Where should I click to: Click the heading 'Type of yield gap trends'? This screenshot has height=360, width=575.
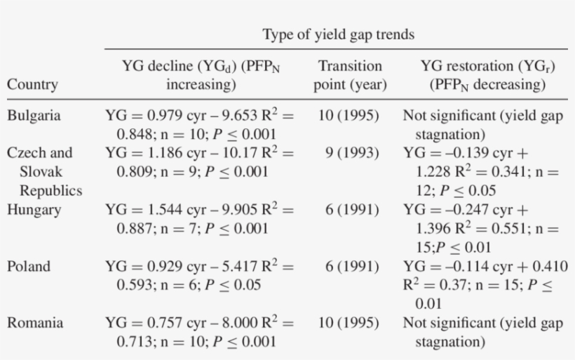(x=338, y=34)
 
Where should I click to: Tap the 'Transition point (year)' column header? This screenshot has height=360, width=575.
(x=350, y=76)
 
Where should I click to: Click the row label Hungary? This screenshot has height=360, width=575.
(x=33, y=209)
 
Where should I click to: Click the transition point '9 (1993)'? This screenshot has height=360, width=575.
(x=353, y=152)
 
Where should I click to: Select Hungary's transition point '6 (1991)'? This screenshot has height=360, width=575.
(x=353, y=209)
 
